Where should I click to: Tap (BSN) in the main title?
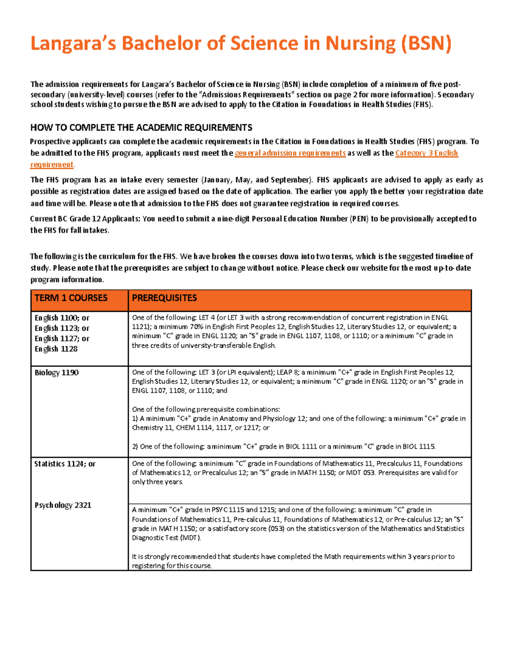tap(426, 44)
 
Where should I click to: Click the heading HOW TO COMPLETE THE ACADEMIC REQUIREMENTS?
tap(141, 128)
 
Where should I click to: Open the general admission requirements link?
tap(290, 153)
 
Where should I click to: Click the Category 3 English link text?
tap(426, 153)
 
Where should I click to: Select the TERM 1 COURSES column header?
tap(71, 298)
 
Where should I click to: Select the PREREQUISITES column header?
tap(164, 298)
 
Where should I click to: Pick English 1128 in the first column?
tap(56, 349)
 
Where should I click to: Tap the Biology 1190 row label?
tap(56, 373)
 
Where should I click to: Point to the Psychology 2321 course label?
tap(63, 505)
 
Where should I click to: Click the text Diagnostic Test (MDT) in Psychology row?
tap(166, 538)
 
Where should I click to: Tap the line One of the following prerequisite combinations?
tap(206, 409)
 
